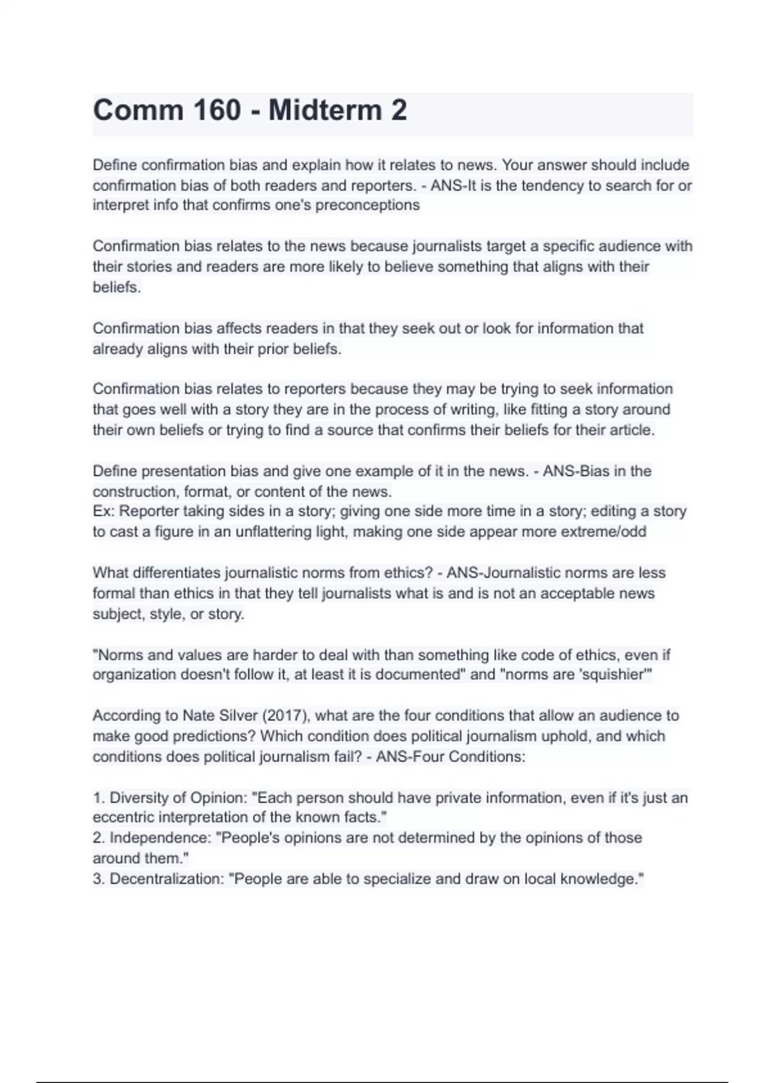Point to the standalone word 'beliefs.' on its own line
[117, 287]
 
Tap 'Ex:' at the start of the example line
[104, 512]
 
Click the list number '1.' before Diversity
[99, 798]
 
